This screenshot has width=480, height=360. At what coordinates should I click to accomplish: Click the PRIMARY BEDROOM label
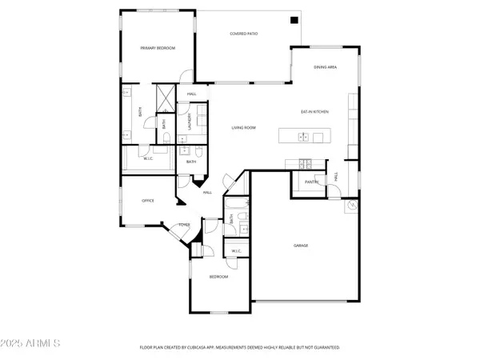pos(158,48)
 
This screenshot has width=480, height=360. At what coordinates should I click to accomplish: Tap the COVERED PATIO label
pos(243,34)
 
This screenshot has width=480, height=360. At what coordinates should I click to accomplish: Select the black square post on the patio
pos(294,20)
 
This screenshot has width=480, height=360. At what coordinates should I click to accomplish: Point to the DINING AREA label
pos(325,67)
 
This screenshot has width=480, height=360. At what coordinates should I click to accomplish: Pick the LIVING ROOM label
pos(243,127)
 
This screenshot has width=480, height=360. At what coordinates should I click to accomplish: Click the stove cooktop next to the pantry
pos(305,164)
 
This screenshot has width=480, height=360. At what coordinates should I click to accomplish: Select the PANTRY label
pos(311,182)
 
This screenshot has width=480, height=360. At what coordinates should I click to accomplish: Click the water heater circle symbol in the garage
pos(351,206)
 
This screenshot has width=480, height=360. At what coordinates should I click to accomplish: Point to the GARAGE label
pos(300,246)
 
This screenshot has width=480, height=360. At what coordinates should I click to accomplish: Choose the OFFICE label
pos(147,201)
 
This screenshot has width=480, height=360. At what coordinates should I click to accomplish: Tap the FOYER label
pos(183,226)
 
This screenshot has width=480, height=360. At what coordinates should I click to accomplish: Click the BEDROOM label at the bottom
pos(218,277)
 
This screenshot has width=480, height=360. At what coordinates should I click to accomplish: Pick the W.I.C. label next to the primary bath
pos(148,158)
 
